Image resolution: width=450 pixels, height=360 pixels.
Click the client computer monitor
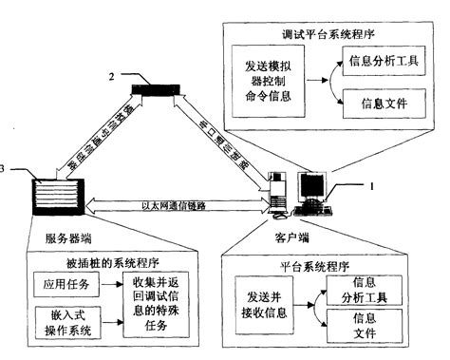point(315,184)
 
